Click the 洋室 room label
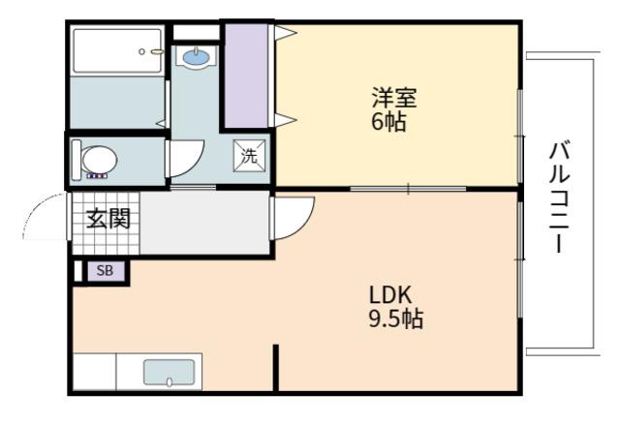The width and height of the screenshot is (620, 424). coord(394,98)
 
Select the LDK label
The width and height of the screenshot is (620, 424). coord(390,295)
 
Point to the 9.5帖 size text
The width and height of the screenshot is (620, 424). coord(396,318)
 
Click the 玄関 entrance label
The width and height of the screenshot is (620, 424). coord(108,218)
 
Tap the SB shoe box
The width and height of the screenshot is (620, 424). coord(106,271)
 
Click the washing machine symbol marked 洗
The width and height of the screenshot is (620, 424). coord(249,156)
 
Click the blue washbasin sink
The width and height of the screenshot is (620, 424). coord(197,58)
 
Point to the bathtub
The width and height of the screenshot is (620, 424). coord(118,50)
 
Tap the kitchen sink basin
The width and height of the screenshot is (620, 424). coord(169,372)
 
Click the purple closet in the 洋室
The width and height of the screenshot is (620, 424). coord(246,76)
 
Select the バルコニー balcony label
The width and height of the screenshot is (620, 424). coord(559,197)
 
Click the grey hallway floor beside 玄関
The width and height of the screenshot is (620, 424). coord(204,224)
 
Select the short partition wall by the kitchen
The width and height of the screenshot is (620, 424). coord(276,368)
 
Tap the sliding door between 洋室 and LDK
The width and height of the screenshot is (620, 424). coord(408,189)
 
